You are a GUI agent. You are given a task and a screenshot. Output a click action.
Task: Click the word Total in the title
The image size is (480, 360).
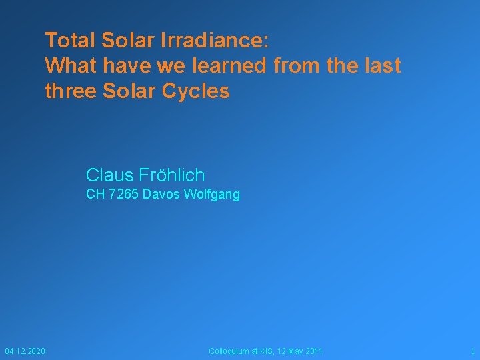71,40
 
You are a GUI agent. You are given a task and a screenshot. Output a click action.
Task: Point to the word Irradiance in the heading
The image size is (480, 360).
214,40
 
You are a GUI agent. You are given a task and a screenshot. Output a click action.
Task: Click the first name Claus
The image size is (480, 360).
110,175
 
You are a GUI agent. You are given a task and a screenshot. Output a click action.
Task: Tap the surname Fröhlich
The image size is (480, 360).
172,175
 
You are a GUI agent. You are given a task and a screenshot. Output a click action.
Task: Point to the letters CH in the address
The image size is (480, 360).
95,195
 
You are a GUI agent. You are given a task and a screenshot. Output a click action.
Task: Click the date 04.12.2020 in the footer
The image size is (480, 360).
25,351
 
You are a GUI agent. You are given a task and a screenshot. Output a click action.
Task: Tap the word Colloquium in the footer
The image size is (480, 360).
229,351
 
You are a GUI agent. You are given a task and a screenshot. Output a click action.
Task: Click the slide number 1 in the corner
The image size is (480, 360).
472,351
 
